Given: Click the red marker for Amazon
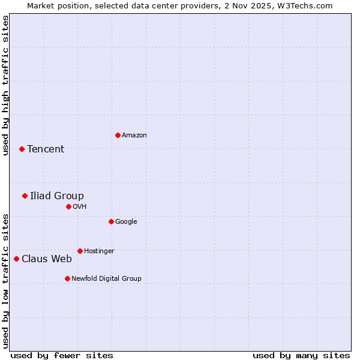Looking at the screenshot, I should pyautogui.click(x=118, y=135).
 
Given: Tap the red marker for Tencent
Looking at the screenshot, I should pyautogui.click(x=22, y=149).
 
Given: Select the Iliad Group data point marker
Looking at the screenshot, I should pyautogui.click(x=25, y=196).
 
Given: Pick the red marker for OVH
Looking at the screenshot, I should pyautogui.click(x=68, y=206).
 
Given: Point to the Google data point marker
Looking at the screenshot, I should pyautogui.click(x=111, y=221).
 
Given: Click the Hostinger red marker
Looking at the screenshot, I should pyautogui.click(x=80, y=251).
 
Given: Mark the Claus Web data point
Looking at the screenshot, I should pyautogui.click(x=16, y=259).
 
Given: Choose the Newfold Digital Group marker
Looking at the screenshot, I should pyautogui.click(x=67, y=278).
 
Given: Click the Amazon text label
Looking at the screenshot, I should pyautogui.click(x=134, y=136).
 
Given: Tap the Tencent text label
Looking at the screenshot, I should pyautogui.click(x=46, y=149).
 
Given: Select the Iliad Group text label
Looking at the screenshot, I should pyautogui.click(x=57, y=196).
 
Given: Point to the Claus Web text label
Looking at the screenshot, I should pyautogui.click(x=47, y=259).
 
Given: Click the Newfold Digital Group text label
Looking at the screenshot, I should pyautogui.click(x=106, y=278).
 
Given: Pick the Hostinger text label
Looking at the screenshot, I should pyautogui.click(x=99, y=251).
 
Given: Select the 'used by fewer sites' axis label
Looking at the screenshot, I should pyautogui.click(x=62, y=355).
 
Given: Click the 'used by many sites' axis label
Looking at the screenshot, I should pyautogui.click(x=301, y=355).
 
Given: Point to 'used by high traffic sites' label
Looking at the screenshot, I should pyautogui.click(x=5, y=85).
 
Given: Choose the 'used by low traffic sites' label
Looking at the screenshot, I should pyautogui.click(x=5, y=281).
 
